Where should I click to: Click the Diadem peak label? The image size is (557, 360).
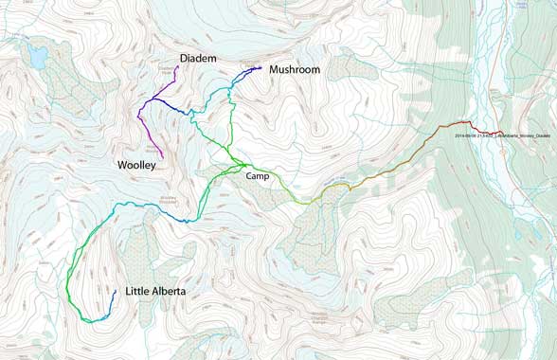[198, 59]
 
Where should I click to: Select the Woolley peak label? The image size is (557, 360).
[135, 165]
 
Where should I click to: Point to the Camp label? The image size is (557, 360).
[258, 176]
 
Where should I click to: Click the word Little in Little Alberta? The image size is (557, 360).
[139, 293]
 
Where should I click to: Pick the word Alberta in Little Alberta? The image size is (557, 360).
[178, 293]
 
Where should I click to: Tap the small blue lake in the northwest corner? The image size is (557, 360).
[38, 58]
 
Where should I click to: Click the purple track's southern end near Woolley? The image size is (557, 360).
[163, 157]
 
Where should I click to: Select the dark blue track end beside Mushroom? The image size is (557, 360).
[261, 68]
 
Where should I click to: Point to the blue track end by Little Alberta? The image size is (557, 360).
[116, 291]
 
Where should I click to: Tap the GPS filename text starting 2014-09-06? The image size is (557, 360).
[502, 135]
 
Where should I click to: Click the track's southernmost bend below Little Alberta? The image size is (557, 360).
[90, 321]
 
